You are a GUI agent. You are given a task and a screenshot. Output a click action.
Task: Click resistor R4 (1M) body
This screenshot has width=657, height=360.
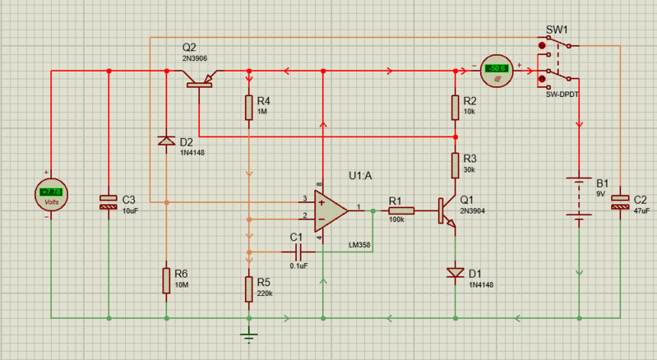click(248, 108)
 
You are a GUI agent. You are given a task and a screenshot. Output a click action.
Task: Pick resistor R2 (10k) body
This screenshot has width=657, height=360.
click(455, 108)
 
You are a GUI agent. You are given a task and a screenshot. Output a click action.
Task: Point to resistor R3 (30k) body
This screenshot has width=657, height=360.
click(455, 165)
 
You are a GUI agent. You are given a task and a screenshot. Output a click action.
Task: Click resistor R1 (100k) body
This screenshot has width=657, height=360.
click(401, 211)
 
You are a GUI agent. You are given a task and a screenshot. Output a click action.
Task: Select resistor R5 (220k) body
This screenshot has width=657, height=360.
click(248, 288)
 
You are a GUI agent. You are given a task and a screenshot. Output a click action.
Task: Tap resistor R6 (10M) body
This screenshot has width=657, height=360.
click(166, 279)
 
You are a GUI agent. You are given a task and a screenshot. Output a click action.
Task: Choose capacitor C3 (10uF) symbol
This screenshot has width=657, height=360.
click(109, 202)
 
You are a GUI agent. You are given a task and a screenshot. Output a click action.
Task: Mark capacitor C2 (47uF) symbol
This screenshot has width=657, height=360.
click(619, 202)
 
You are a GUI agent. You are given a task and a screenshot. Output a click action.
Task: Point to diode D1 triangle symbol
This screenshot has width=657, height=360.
click(455, 272)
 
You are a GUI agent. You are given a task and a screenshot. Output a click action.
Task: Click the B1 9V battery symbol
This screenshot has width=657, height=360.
click(580, 198)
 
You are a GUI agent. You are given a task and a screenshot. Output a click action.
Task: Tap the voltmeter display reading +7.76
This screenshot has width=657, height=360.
click(51, 194)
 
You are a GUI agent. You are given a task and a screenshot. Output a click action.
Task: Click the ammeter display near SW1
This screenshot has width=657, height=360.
click(497, 69)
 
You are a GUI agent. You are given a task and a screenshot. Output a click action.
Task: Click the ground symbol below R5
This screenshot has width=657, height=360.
click(248, 332)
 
